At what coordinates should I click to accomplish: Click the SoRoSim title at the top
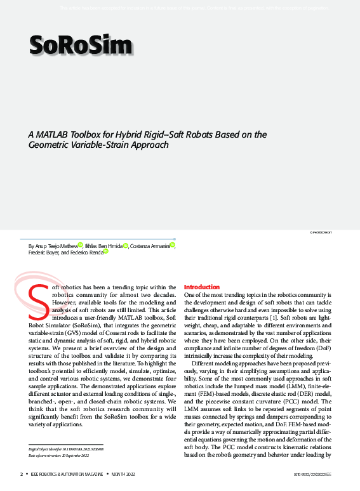(80, 45)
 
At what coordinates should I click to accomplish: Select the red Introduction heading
(201, 287)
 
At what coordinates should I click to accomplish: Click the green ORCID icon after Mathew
(80, 244)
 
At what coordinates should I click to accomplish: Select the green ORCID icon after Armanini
(172, 244)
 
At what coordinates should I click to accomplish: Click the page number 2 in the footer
(22, 475)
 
